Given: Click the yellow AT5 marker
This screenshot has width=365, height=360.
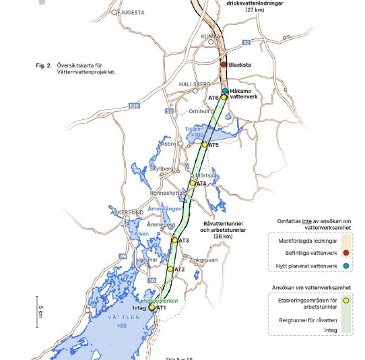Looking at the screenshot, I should pyautogui.click(x=204, y=145).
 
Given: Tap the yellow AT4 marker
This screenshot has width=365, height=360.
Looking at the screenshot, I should pyautogui.click(x=193, y=183).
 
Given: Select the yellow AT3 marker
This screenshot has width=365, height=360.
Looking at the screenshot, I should pyautogui.click(x=175, y=240).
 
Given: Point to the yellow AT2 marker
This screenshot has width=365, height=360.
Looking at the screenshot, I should pyautogui.click(x=170, y=269).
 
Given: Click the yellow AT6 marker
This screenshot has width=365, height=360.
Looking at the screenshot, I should pyautogui.click(x=224, y=97).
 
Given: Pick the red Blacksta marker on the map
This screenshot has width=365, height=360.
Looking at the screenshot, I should pyautogui.click(x=224, y=65).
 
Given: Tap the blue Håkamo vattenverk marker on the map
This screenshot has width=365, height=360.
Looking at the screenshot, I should pyautogui.click(x=225, y=91).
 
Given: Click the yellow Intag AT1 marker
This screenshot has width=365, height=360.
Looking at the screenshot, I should pyautogui.click(x=152, y=308).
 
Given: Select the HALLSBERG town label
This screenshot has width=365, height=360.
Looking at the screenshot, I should pyautogui.click(x=195, y=84).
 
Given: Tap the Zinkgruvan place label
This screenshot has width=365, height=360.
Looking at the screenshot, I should pyautogui.click(x=203, y=260).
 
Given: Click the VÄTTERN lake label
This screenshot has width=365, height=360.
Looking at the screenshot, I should pyautogui.click(x=121, y=317).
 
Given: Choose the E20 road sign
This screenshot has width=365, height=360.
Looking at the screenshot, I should pyautogui.click(x=133, y=106).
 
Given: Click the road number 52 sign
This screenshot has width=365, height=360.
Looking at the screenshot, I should pyautogui.click(x=247, y=42).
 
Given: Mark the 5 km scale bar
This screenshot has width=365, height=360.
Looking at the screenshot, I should pyautogui.click(x=38, y=312).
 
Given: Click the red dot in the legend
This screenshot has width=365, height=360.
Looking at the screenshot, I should pyautogui.click(x=346, y=253).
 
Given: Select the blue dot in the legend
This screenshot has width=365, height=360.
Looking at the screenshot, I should pyautogui.click(x=346, y=266).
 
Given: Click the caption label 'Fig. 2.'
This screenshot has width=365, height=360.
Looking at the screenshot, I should pyautogui.click(x=44, y=66).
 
